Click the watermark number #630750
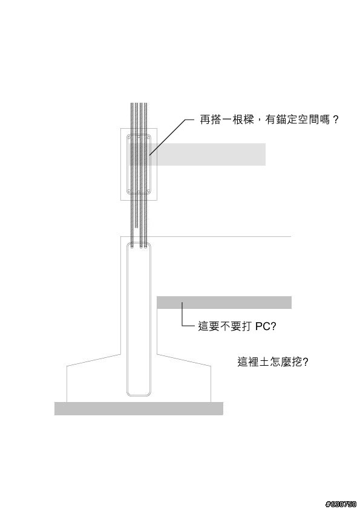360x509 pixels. (x=341, y=504)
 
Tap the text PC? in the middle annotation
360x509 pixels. (x=266, y=326)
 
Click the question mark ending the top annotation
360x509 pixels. (x=336, y=120)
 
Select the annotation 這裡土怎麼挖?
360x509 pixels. (x=273, y=361)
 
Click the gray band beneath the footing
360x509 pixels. (x=139, y=409)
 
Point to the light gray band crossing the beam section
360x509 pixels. (x=197, y=154)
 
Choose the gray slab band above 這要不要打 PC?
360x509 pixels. (x=224, y=302)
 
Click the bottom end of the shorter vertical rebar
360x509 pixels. (x=137, y=227)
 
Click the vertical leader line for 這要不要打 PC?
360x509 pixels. (x=182, y=314)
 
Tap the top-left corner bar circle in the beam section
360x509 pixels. (x=129, y=137)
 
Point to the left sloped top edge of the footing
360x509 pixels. (x=94, y=360)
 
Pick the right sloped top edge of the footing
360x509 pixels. (x=184, y=360)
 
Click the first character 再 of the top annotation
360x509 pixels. (x=205, y=120)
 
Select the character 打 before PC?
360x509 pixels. (x=247, y=326)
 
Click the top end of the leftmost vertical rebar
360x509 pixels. (x=132, y=103)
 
